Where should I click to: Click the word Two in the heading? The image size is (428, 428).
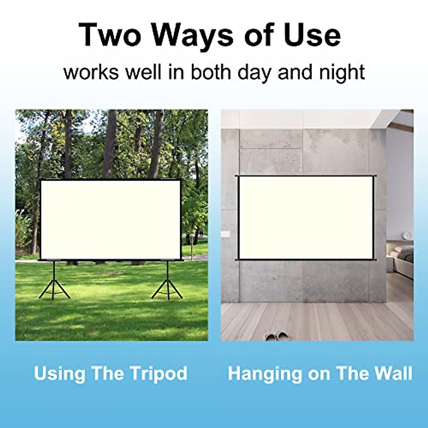click(109, 35)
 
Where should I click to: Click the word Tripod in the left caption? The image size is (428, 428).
click(158, 373)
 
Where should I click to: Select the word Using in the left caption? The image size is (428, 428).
click(60, 373)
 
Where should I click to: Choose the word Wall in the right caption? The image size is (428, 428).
click(394, 373)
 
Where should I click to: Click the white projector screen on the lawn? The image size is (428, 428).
click(110, 219)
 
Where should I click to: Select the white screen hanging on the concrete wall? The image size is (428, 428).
click(305, 218)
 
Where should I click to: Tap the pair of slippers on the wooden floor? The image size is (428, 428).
click(277, 336)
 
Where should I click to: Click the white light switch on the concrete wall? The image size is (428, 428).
click(225, 234)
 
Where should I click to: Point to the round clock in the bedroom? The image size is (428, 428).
click(407, 235)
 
